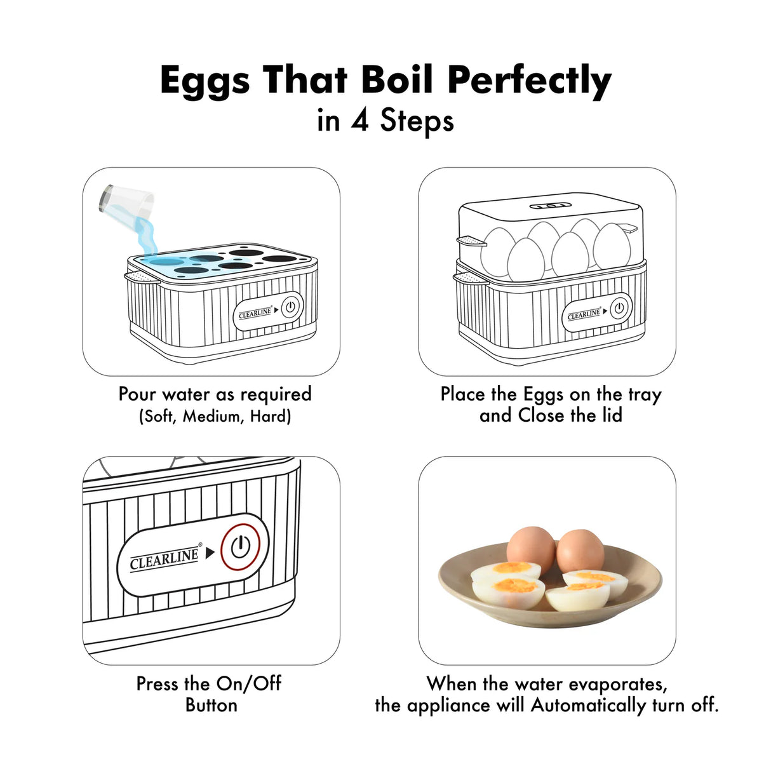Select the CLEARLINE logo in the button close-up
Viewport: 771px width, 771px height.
[165, 559]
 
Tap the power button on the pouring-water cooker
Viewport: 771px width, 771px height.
[290, 307]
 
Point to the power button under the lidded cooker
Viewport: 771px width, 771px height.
[619, 309]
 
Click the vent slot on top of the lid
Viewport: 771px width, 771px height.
[550, 206]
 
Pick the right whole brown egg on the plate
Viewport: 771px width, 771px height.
[580, 550]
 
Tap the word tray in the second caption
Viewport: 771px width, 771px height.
[645, 394]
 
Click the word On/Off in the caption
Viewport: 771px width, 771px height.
[248, 684]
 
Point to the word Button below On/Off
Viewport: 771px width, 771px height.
[211, 705]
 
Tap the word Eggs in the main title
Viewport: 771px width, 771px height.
[204, 81]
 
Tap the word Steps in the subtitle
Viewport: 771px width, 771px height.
[417, 121]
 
